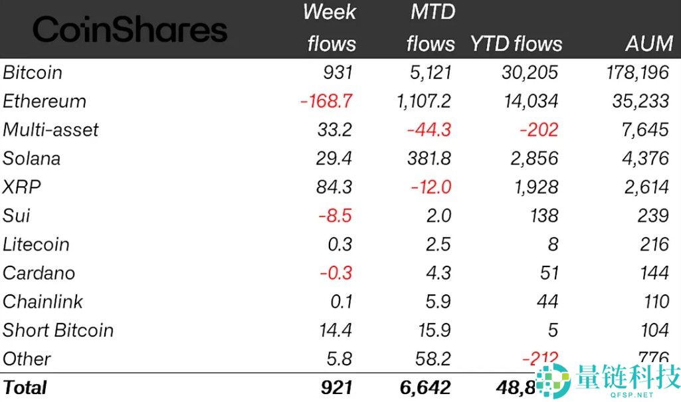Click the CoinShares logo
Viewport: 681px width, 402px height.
130,30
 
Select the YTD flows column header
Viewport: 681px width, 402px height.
516,44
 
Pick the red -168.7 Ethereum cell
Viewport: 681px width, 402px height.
326,101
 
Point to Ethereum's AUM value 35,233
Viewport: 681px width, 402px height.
640,101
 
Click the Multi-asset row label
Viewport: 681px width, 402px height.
50,130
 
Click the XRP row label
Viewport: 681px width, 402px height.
21,187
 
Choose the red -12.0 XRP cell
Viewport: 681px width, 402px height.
431,187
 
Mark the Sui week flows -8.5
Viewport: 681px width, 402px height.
336,215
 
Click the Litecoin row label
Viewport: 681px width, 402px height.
36,244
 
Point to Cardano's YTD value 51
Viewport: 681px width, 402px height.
547,272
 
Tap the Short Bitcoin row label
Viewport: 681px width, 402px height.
58,330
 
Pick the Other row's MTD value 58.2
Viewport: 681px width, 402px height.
432,358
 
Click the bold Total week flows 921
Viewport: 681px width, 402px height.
336,387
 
